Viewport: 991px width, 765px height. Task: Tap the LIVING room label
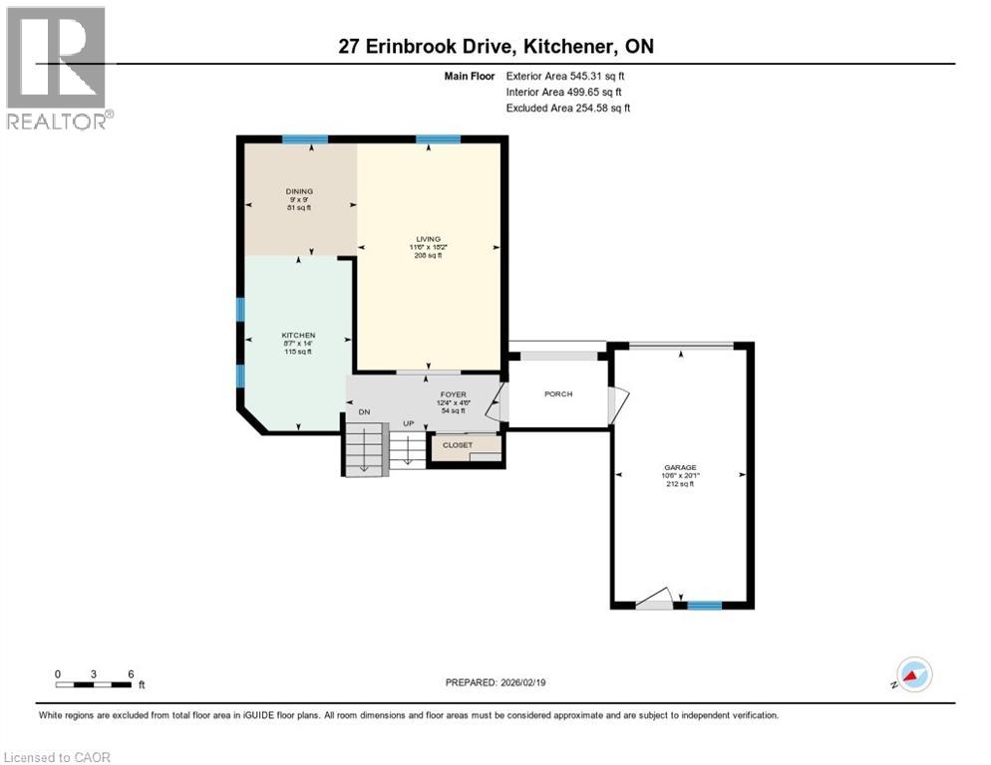pyautogui.click(x=429, y=239)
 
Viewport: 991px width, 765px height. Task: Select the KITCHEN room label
pyautogui.click(x=298, y=336)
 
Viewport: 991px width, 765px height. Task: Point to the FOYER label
pyautogui.click(x=454, y=394)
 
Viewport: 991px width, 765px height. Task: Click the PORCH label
pyautogui.click(x=558, y=394)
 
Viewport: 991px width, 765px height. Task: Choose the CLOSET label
pyautogui.click(x=458, y=445)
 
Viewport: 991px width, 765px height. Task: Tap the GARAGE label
pyautogui.click(x=681, y=467)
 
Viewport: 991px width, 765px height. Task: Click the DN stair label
pyautogui.click(x=365, y=412)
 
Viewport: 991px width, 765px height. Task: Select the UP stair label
pyautogui.click(x=408, y=424)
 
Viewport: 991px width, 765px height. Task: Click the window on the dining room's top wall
pyautogui.click(x=298, y=139)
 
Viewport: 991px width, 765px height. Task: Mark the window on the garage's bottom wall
pyautogui.click(x=705, y=605)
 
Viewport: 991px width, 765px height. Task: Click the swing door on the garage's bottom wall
pyautogui.click(x=654, y=598)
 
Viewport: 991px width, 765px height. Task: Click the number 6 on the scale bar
pyautogui.click(x=130, y=673)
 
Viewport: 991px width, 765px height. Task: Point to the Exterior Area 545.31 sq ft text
pyautogui.click(x=566, y=76)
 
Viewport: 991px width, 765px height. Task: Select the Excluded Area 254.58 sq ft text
pyautogui.click(x=568, y=108)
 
